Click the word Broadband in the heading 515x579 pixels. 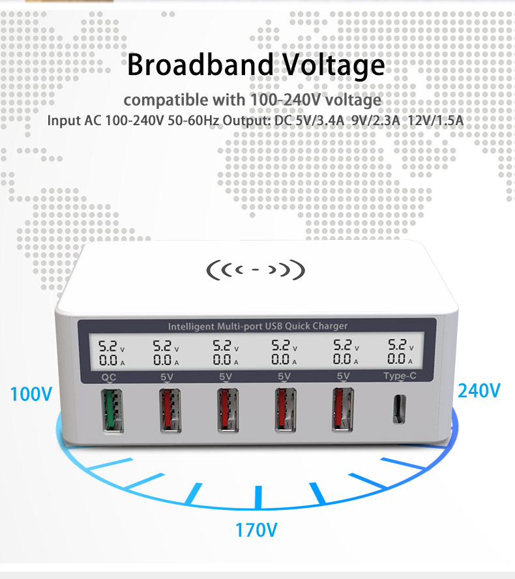coord(200,65)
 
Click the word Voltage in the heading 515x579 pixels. coord(333,66)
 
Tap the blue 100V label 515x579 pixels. coord(31,394)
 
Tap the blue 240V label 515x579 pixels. coord(479,391)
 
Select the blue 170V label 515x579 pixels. coord(256,530)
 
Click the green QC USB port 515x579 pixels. coord(112,411)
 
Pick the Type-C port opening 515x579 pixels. coord(399,409)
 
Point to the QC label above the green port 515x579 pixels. coord(108,377)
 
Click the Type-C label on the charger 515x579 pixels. coord(400,376)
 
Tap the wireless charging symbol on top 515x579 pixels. coord(256,269)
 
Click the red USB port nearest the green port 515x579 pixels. coord(170,410)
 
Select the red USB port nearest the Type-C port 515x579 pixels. coord(343,409)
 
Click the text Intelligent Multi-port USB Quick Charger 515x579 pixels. coord(257,326)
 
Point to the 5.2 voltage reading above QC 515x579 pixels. coord(108,346)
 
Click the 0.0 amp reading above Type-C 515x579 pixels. coord(396,358)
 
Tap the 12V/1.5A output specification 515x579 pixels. coord(435,121)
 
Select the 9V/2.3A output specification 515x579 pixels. coord(376,121)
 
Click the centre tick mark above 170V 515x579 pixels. coord(258,497)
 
